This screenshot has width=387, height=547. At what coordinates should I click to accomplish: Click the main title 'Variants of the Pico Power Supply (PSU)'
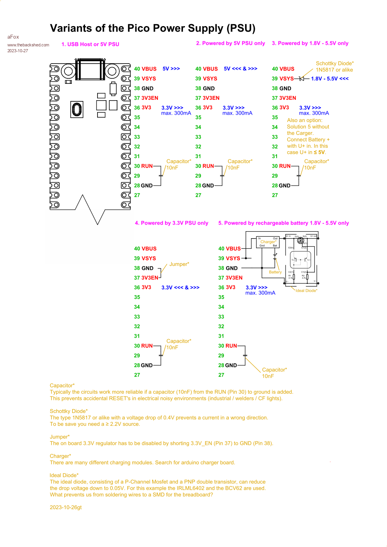[x=153, y=28]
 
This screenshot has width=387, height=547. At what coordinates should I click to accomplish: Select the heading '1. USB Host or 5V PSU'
[x=90, y=44]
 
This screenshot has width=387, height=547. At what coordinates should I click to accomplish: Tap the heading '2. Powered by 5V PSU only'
[x=230, y=43]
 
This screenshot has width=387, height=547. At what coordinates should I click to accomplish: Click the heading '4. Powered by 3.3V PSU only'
[x=171, y=223]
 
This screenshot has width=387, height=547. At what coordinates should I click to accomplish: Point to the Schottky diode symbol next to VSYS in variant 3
[x=301, y=79]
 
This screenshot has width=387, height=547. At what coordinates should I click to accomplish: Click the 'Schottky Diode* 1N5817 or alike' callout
[x=334, y=67]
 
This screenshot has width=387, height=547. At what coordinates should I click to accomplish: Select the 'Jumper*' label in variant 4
[x=179, y=264]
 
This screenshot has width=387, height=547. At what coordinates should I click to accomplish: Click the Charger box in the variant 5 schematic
[x=268, y=242]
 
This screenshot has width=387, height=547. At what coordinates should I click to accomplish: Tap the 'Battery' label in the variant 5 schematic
[x=275, y=272]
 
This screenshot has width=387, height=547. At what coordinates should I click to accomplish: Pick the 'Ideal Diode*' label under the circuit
[x=306, y=290]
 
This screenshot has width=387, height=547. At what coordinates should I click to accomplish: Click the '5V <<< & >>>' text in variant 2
[x=240, y=69]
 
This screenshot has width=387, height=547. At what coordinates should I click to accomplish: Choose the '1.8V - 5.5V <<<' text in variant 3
[x=330, y=79]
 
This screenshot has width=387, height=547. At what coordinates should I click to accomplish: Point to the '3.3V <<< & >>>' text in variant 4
[x=180, y=287]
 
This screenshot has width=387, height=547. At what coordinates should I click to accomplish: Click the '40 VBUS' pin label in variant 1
[x=145, y=69]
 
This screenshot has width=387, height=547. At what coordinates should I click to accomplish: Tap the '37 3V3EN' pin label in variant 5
[x=230, y=278]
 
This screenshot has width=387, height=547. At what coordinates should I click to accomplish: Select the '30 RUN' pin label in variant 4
[x=143, y=346]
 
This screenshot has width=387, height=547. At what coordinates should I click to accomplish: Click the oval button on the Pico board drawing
[x=77, y=110]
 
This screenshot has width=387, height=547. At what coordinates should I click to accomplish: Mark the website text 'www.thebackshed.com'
[x=28, y=45]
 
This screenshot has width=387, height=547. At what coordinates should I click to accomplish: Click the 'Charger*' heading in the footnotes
[x=60, y=456]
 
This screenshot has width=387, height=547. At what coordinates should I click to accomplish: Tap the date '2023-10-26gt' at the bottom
[x=66, y=507]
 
